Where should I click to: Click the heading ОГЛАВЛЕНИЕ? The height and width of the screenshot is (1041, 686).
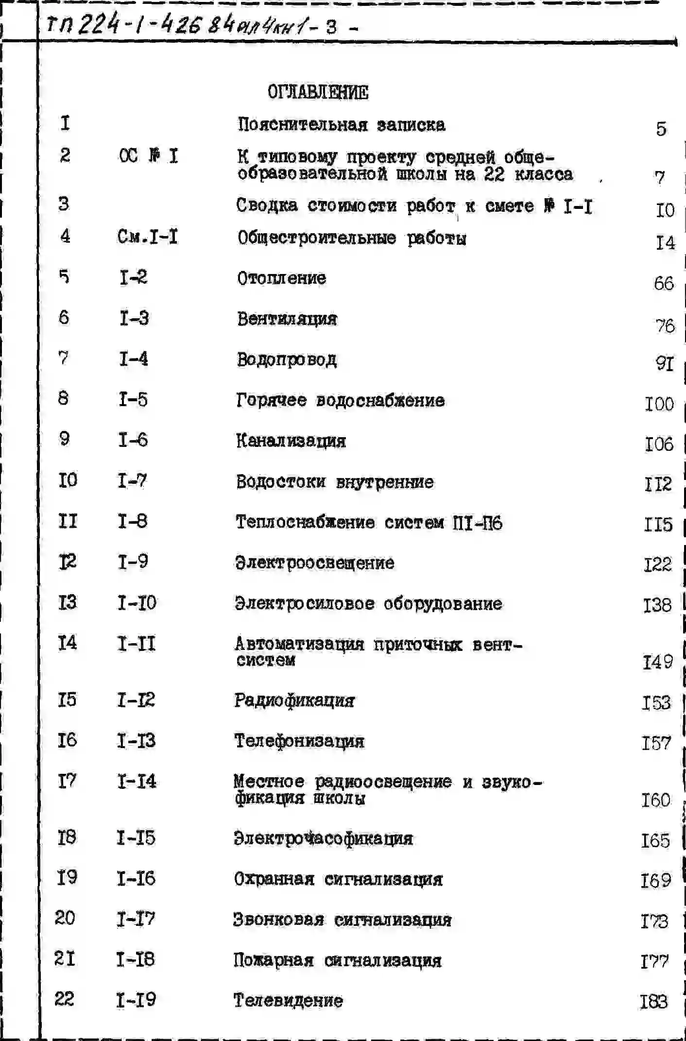tap(318, 92)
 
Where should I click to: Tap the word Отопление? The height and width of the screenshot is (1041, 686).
tap(281, 278)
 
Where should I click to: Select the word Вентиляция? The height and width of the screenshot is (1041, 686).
tap(287, 319)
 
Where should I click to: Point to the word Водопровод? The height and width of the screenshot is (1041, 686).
tap(287, 359)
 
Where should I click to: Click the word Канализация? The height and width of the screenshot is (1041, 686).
tap(291, 441)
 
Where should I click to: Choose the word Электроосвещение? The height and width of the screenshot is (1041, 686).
tap(314, 563)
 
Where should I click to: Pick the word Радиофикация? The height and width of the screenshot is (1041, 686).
tap(294, 700)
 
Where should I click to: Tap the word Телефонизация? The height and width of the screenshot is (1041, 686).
tap(299, 741)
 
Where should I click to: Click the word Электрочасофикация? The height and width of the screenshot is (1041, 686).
tap(323, 838)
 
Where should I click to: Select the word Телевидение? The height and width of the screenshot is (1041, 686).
tap(288, 1000)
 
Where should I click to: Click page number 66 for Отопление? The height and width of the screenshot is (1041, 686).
tap(664, 283)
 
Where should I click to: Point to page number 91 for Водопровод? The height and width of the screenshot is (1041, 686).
tap(665, 363)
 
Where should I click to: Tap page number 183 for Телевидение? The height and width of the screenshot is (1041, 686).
tap(654, 1002)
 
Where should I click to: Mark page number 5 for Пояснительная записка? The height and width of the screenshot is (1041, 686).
tap(661, 129)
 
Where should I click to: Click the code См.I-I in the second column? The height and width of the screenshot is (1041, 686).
tap(148, 237)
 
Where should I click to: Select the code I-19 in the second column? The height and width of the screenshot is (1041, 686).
tap(136, 1000)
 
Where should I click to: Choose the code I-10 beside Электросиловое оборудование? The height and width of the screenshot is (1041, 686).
tap(137, 603)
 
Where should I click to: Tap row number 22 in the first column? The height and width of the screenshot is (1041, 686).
tap(64, 999)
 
